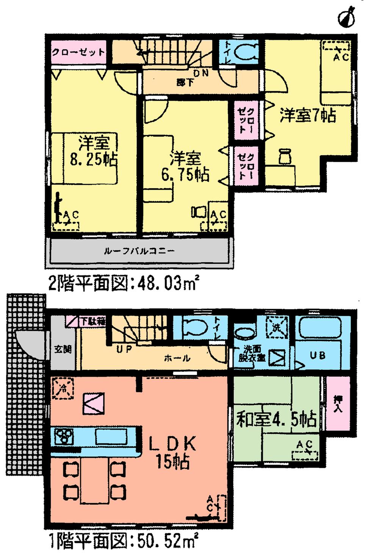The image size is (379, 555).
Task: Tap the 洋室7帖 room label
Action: click(x=307, y=115)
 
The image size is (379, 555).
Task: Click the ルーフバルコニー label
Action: click(x=139, y=251)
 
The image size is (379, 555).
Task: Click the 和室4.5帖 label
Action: click(x=276, y=419)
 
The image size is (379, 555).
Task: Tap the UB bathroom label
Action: click(x=317, y=355)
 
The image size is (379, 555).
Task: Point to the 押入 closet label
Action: click(x=338, y=404)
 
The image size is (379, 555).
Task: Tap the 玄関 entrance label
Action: click(x=63, y=349)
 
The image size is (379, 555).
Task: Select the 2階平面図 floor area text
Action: click(x=124, y=283)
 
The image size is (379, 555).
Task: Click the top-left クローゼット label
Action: click(x=78, y=52)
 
